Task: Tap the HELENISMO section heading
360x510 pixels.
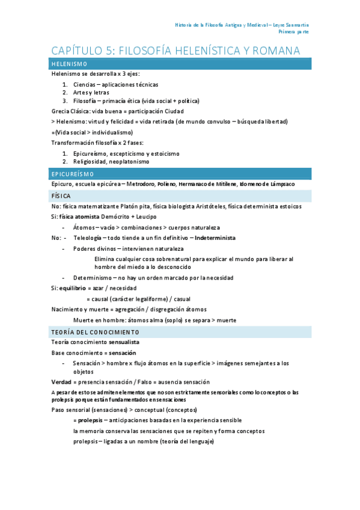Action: [70, 64]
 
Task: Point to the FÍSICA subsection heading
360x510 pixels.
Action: [61, 196]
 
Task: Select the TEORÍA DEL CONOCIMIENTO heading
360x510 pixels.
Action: [96, 332]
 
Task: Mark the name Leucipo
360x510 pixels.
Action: [144, 217]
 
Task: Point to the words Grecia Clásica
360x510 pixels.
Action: [70, 111]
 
